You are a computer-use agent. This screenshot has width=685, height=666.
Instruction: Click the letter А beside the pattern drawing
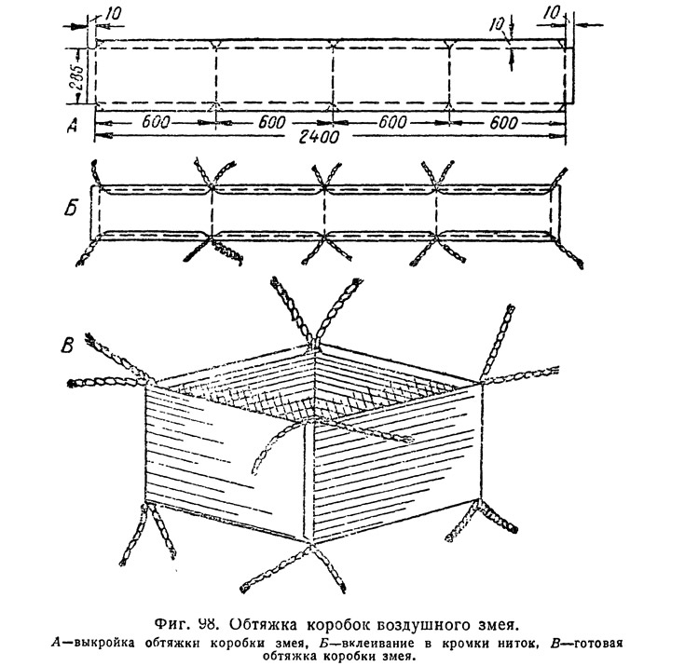[72, 126]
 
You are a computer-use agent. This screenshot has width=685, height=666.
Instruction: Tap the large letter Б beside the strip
[70, 209]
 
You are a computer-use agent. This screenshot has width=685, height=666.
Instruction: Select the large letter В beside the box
[67, 346]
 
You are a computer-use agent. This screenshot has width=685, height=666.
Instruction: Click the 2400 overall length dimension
[319, 138]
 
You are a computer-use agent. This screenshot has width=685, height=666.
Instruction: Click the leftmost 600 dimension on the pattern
[155, 122]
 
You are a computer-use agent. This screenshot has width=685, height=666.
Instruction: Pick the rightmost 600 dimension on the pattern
[503, 123]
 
